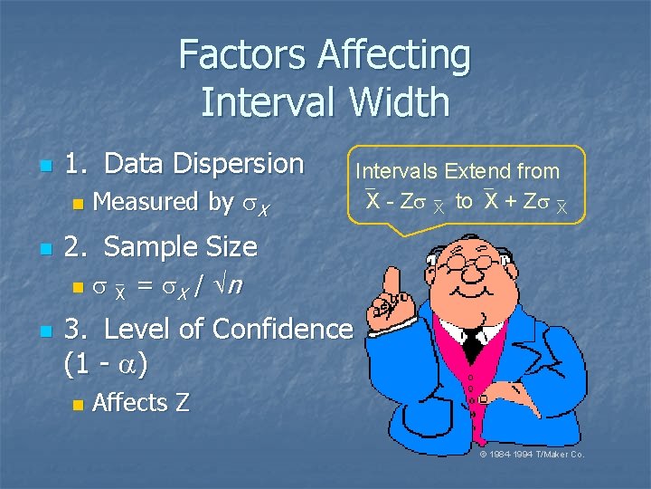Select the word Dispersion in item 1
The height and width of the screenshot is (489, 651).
[239, 164]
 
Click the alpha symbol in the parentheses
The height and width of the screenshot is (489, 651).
[128, 365]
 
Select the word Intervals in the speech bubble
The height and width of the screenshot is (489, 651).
[394, 171]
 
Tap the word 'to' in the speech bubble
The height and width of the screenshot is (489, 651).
[464, 201]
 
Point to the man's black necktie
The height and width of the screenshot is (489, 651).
[472, 342]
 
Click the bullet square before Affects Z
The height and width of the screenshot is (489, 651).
[78, 404]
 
